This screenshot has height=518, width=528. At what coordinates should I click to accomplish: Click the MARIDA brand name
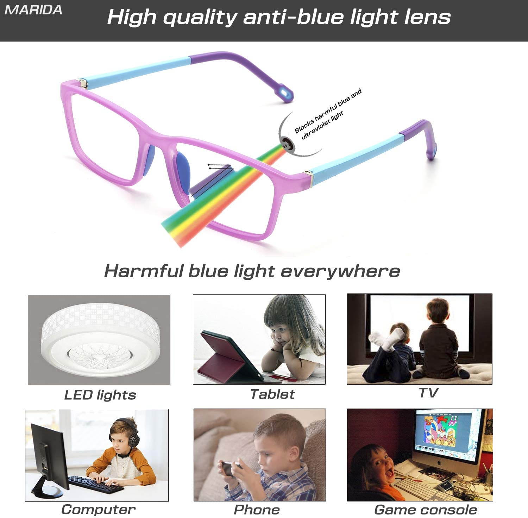33,10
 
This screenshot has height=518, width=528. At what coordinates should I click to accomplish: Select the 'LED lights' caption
100,395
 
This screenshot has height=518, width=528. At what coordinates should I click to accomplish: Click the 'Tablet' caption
272,394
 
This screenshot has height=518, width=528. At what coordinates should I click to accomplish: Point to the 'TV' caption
428,392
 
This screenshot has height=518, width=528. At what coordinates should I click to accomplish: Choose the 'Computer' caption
98,510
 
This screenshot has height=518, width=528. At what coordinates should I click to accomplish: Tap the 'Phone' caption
257,510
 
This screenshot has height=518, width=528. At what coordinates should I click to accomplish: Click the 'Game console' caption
426,510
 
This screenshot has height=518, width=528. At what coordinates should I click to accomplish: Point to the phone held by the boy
231,467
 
